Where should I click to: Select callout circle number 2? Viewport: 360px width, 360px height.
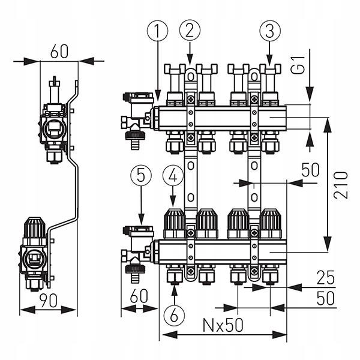[x=190, y=29]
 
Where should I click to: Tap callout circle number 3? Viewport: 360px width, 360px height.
[x=269, y=29]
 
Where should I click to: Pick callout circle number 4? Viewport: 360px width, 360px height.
[x=173, y=176]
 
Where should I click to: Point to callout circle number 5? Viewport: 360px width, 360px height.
[x=140, y=176]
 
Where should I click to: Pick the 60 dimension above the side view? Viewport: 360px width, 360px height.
[x=59, y=51]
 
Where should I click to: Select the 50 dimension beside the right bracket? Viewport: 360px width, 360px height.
[x=310, y=170]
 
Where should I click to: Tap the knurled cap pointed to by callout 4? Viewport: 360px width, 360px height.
[x=173, y=224]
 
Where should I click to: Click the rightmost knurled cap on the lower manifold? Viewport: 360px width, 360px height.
[x=270, y=224]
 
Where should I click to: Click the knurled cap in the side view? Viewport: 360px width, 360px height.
[x=35, y=229]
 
